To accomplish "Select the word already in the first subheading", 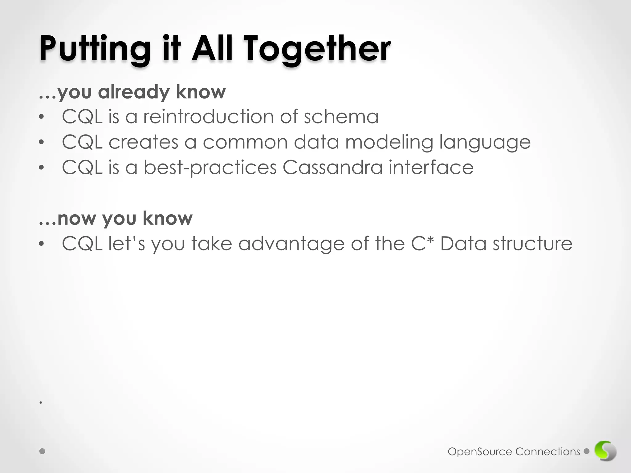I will coord(133,92).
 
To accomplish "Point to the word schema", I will coord(341,117).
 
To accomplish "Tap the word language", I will coord(485,143).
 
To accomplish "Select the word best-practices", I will coord(210,168).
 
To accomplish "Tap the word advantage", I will coord(291,244).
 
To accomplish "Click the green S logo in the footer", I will coord(605,451).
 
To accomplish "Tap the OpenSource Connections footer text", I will coord(514,452).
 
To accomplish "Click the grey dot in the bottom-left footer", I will coord(43,451).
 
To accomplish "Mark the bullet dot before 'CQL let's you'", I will coord(42,244).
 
